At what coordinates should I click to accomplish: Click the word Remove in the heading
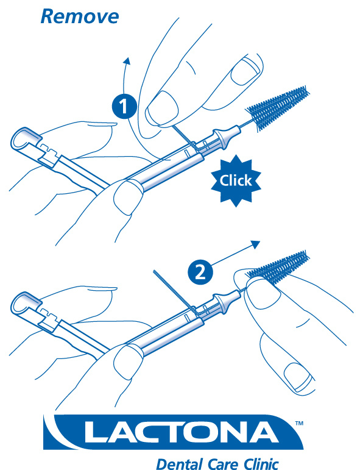[80, 16]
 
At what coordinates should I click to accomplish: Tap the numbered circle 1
[124, 106]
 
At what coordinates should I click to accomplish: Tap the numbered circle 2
[200, 272]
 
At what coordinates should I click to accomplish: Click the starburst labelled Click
[236, 181]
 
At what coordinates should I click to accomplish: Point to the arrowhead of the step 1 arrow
[127, 61]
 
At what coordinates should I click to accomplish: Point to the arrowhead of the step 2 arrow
[255, 244]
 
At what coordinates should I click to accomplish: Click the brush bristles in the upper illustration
[278, 108]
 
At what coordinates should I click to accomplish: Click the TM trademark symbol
[299, 423]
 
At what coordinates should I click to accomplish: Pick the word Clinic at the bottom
[261, 463]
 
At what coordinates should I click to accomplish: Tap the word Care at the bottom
[224, 464]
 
